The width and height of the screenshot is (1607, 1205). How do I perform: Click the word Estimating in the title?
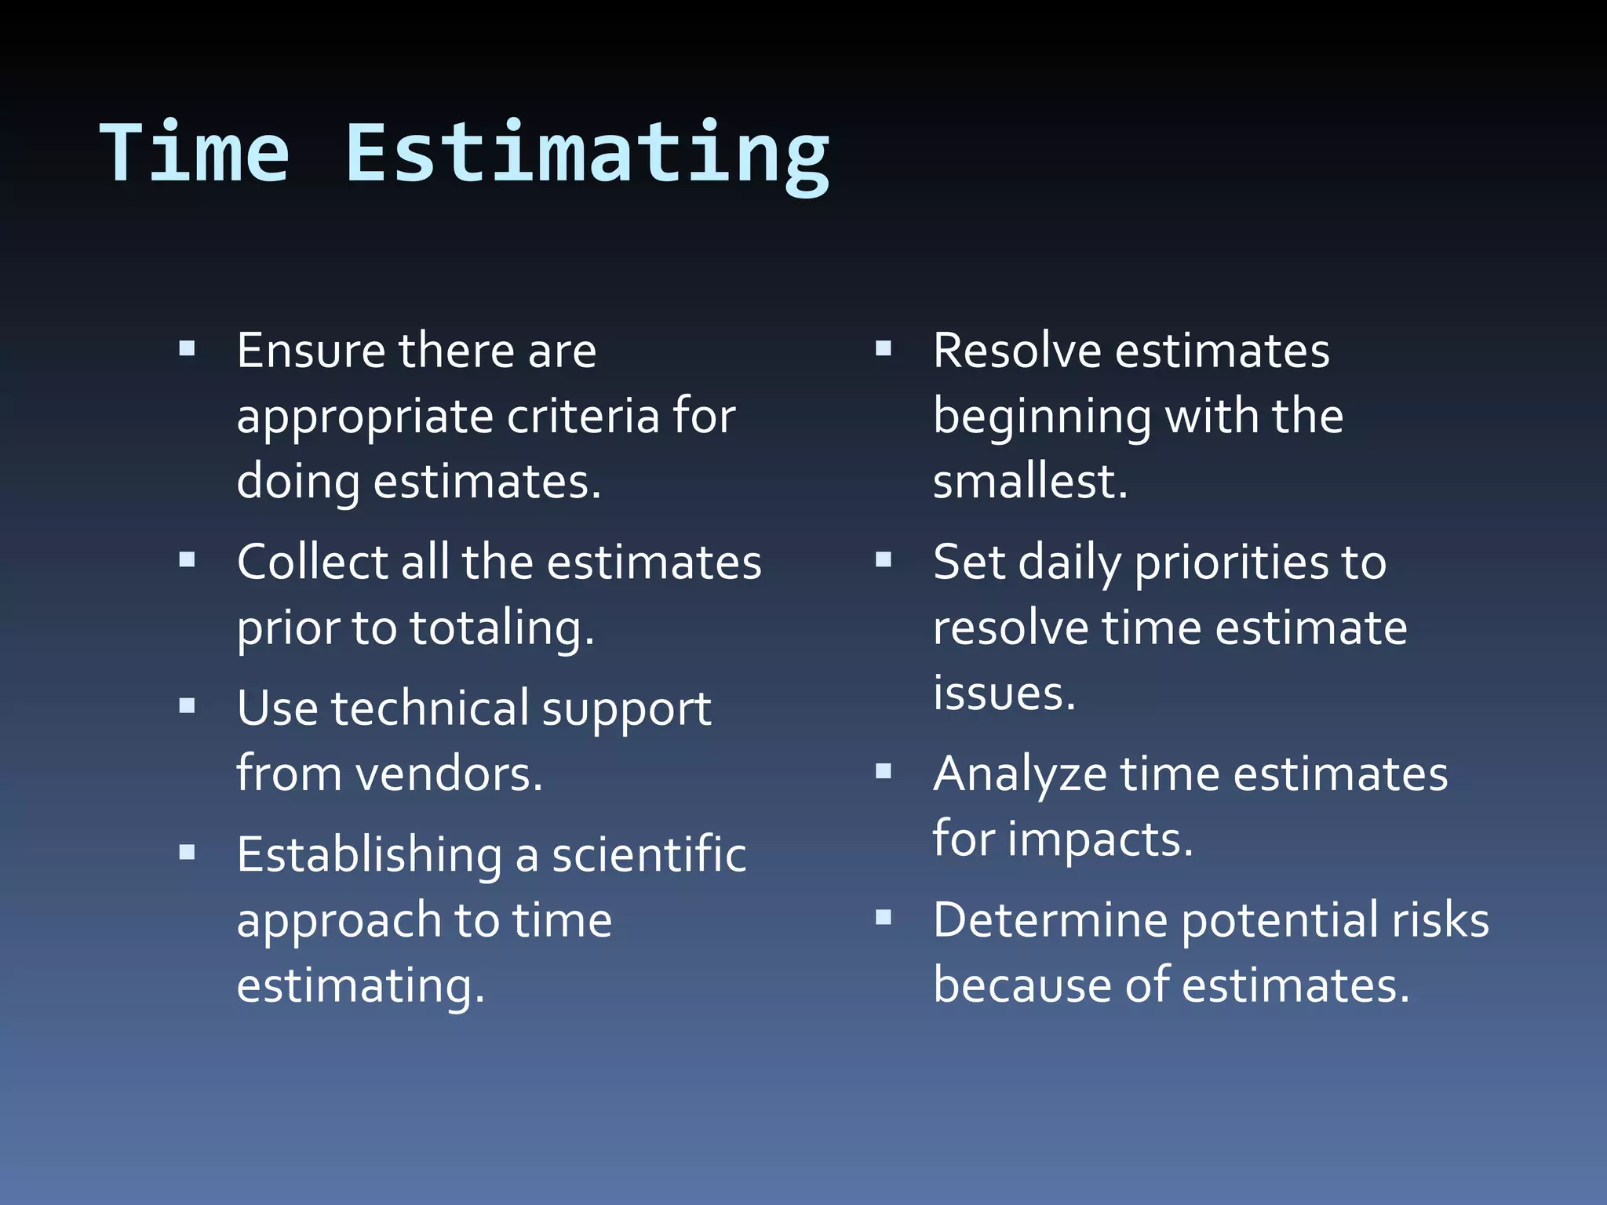coord(587,155)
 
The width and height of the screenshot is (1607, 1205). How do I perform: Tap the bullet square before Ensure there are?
coord(187,348)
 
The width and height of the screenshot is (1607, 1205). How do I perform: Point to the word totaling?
coord(501,629)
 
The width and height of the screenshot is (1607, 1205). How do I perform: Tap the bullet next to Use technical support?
coord(187,706)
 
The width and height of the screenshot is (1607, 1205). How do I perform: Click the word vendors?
coord(449,774)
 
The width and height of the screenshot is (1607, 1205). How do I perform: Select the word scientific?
coord(649,854)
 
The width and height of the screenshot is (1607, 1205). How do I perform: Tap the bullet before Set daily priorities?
coord(884,560)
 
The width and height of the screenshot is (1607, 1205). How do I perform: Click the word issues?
coord(1004,694)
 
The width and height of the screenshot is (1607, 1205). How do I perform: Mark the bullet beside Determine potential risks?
coord(884,917)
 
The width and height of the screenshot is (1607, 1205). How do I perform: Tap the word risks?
coord(1440,919)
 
